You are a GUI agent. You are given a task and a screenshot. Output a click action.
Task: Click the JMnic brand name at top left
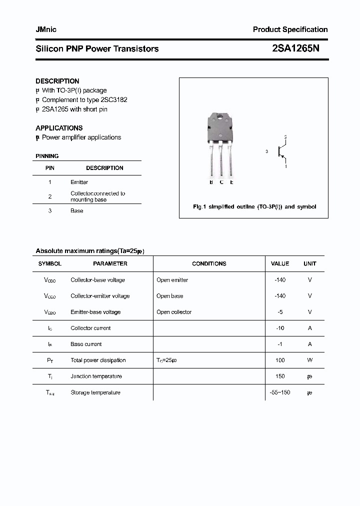[x=46, y=29]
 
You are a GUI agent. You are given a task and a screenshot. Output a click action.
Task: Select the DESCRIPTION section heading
[x=57, y=81]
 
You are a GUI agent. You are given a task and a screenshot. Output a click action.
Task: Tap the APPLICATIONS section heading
[x=59, y=128]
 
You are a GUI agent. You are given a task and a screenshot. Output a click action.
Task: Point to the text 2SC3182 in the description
[x=114, y=99]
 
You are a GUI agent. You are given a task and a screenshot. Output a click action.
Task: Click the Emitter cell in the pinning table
[x=79, y=182]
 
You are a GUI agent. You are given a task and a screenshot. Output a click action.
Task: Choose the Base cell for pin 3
[x=76, y=210]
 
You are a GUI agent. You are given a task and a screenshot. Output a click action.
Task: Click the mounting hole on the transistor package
[x=220, y=118]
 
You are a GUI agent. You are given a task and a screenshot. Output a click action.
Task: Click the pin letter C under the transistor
[x=221, y=182]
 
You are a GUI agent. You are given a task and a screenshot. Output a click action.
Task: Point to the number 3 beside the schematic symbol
[x=267, y=151]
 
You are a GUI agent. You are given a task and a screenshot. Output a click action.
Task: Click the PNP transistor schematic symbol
[x=281, y=151]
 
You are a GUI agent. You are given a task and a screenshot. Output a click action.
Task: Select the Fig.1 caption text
[x=254, y=206]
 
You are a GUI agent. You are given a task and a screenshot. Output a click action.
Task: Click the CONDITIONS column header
[x=209, y=263]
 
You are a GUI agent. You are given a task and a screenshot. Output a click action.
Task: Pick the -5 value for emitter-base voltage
[x=280, y=312]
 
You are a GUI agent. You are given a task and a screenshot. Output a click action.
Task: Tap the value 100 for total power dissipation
[x=280, y=360]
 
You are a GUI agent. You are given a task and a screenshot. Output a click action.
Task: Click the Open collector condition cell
[x=173, y=312]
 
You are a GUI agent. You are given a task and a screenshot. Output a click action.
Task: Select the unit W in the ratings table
[x=310, y=360]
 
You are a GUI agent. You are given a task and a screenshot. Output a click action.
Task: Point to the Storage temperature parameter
[x=95, y=392]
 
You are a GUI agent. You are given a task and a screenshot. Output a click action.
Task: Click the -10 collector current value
[x=280, y=328]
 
